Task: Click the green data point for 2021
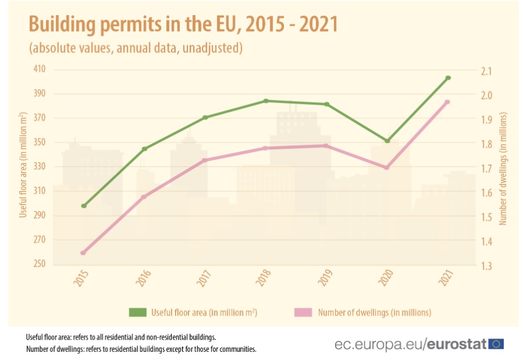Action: (448, 78)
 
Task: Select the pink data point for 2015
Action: (83, 253)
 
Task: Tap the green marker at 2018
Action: (266, 101)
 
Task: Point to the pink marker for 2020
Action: (386, 167)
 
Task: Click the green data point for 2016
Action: (144, 149)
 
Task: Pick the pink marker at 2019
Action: (326, 146)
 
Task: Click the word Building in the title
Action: (64, 25)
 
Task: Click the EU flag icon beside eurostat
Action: (497, 344)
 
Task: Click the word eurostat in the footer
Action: (457, 344)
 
